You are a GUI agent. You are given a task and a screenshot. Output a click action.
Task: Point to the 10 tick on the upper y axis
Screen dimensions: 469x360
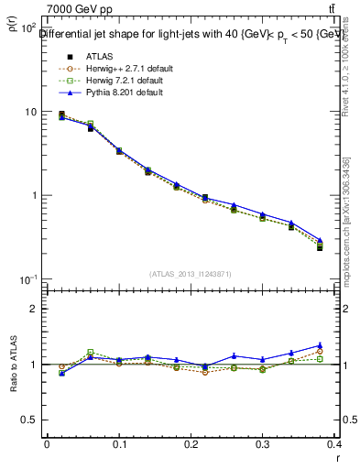point(30,112)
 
